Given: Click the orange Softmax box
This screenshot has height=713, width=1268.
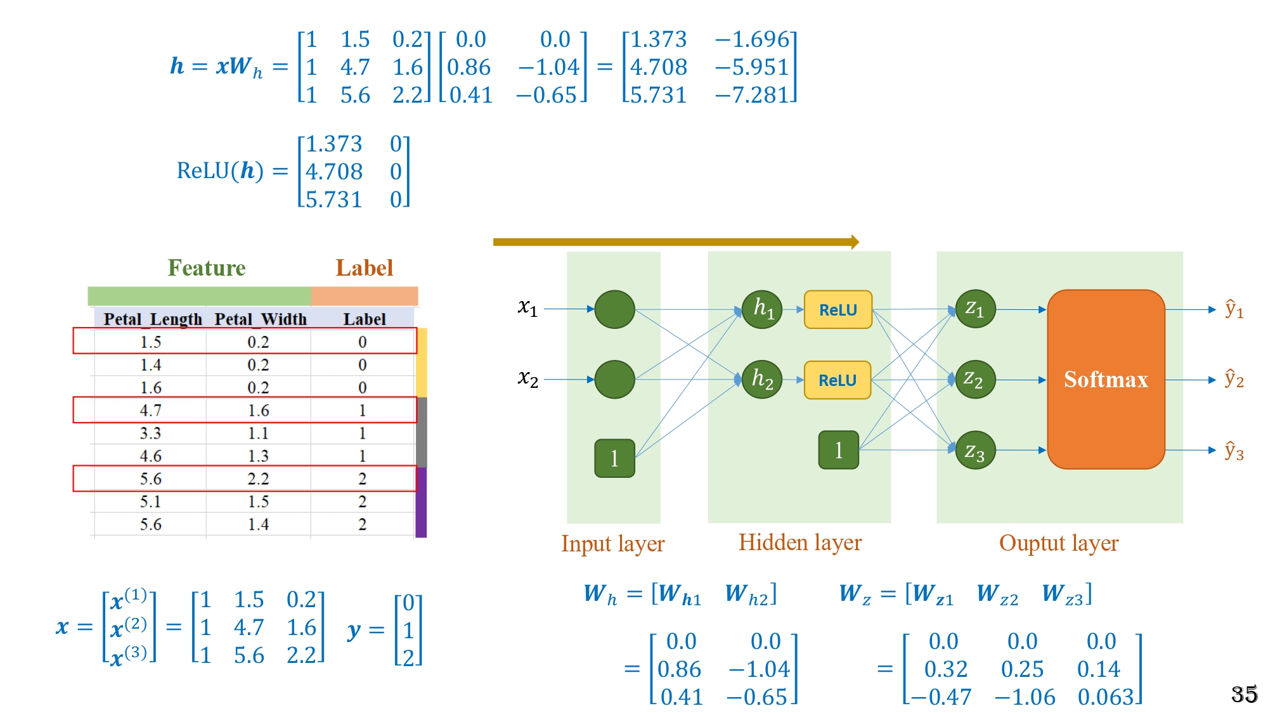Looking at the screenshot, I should pos(1106,379).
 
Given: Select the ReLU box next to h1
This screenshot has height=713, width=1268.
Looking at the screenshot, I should pos(838,310).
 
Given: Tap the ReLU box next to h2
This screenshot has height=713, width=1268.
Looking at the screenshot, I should pos(837,380).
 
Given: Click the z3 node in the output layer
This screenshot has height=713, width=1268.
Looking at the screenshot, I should pos(975,451).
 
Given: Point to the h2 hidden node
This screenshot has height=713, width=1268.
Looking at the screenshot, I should pos(761,380).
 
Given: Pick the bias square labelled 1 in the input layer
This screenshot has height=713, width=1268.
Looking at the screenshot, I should pos(614,458).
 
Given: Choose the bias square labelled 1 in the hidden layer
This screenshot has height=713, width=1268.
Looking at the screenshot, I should pos(838,450).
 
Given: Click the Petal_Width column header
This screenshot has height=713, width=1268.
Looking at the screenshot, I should pos(260,319).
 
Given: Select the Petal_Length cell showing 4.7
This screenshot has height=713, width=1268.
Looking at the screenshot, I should pos(150,410).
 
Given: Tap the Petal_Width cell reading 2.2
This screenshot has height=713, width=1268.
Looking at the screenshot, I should pos(258,479).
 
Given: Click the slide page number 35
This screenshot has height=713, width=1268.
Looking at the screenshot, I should pos(1244,694).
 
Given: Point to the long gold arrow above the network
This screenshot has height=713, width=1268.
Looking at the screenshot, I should pos(676,241).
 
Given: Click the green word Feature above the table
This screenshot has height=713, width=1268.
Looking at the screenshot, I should pos(206,268).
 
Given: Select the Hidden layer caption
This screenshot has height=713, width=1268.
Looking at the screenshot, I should pos(800,543).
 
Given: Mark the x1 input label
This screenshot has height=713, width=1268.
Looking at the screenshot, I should pos(527,308).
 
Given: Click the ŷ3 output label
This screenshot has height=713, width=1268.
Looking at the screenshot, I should pos(1234,451).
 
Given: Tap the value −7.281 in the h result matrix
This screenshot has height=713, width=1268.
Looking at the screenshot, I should pos(752,95).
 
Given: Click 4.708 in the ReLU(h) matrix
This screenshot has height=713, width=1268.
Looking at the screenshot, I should pos(334,172).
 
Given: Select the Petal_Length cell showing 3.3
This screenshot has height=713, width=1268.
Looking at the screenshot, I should pos(150,433).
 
